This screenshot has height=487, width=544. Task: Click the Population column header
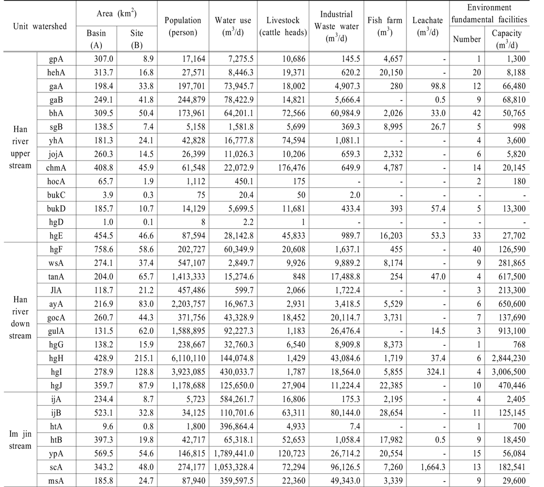(x=183, y=26)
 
